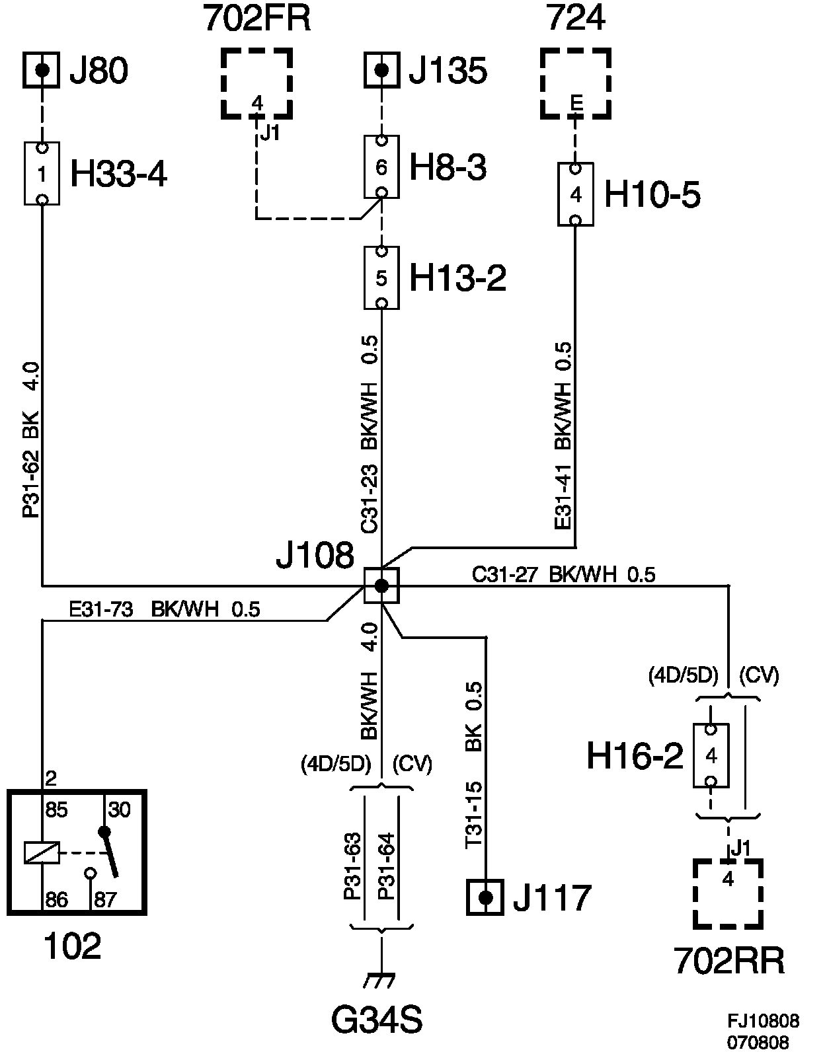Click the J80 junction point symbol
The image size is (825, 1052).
(x=42, y=69)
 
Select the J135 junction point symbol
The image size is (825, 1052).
(x=381, y=69)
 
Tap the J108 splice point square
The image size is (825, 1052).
(x=381, y=585)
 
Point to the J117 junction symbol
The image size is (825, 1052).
(x=485, y=897)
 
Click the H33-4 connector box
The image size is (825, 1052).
(x=42, y=173)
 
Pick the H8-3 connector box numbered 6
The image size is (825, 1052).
(x=381, y=167)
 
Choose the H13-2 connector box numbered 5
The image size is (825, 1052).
(x=381, y=278)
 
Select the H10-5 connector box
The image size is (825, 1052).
(x=575, y=194)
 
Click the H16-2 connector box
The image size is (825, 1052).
(x=711, y=755)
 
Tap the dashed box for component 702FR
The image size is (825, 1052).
(x=256, y=83)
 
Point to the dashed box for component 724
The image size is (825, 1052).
(x=575, y=83)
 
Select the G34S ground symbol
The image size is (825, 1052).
(x=381, y=980)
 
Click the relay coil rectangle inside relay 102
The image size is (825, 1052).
(x=42, y=852)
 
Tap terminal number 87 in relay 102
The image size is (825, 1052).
(x=104, y=899)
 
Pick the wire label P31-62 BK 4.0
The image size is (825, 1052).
(x=31, y=439)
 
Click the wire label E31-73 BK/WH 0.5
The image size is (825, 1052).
(x=165, y=609)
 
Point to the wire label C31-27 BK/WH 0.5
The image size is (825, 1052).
(x=563, y=575)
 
